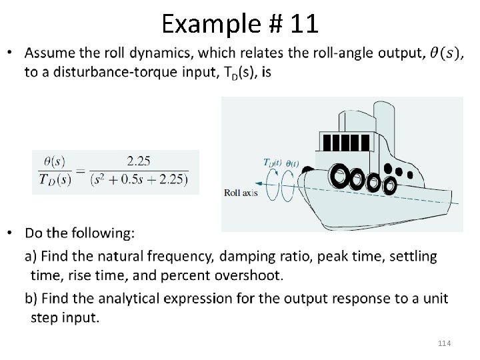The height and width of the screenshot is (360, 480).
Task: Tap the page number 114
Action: tap(445, 343)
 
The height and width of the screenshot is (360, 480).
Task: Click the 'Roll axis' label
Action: tap(239, 193)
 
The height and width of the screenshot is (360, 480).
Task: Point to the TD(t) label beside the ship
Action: tap(273, 162)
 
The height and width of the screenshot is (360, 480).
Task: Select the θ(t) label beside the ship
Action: tap(292, 163)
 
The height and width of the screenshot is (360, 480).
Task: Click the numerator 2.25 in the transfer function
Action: tap(138, 161)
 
